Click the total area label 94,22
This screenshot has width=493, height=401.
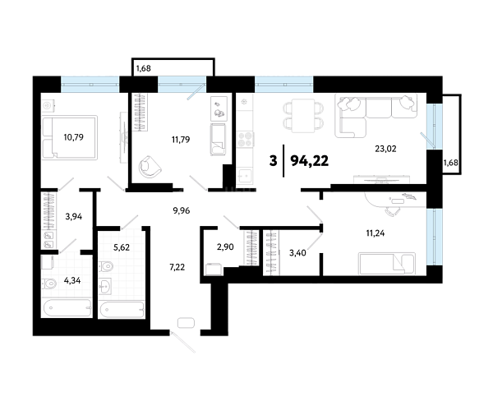click(x=310, y=161)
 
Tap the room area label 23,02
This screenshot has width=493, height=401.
click(x=385, y=149)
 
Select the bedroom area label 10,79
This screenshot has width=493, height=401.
click(x=74, y=137)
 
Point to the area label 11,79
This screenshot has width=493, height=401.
click(x=181, y=140)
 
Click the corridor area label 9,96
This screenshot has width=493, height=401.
click(x=182, y=210)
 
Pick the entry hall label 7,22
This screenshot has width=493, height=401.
click(x=177, y=267)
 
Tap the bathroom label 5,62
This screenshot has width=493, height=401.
click(x=122, y=247)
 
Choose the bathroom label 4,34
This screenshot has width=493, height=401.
click(x=72, y=280)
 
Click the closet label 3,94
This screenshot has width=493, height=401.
click(x=74, y=216)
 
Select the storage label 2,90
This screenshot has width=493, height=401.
click(x=225, y=247)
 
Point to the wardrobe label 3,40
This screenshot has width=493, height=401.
click(x=297, y=252)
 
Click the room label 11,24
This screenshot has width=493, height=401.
click(x=376, y=233)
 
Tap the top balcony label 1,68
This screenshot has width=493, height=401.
click(x=143, y=68)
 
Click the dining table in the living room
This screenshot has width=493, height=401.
click(x=303, y=115)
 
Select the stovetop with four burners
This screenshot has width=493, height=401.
click(x=245, y=140)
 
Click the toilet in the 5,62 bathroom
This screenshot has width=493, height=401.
click(x=106, y=267)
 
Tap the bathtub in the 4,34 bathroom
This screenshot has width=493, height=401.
click(x=67, y=307)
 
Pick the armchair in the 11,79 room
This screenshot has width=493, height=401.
click(x=150, y=167)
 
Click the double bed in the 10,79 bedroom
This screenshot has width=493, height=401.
click(x=70, y=137)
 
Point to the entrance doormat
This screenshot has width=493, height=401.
click(x=187, y=323)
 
